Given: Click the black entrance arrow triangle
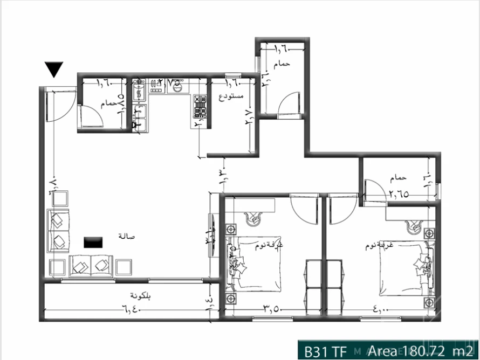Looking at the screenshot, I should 54,70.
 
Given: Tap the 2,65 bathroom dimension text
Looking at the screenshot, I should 399,195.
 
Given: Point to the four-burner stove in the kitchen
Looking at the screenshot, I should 200,106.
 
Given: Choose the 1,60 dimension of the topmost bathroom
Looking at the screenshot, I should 282,49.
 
